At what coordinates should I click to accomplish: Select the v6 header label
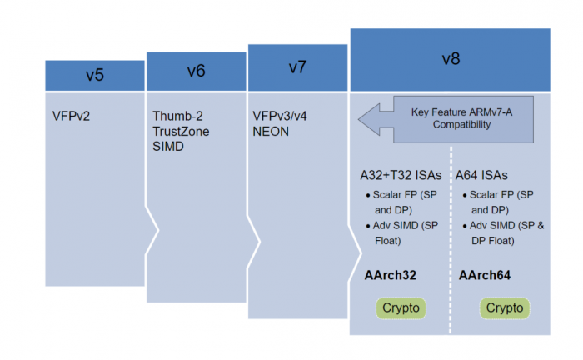coord(196,71)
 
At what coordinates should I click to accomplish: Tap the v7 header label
coord(297,67)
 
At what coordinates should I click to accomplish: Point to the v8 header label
coord(450,59)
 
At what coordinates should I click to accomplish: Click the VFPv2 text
coord(72,115)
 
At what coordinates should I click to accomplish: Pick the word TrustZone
coord(181,131)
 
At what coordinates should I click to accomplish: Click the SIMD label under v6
coord(168,147)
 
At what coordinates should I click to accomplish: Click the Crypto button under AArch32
coord(401,308)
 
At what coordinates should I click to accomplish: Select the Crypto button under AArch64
coord(505,308)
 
